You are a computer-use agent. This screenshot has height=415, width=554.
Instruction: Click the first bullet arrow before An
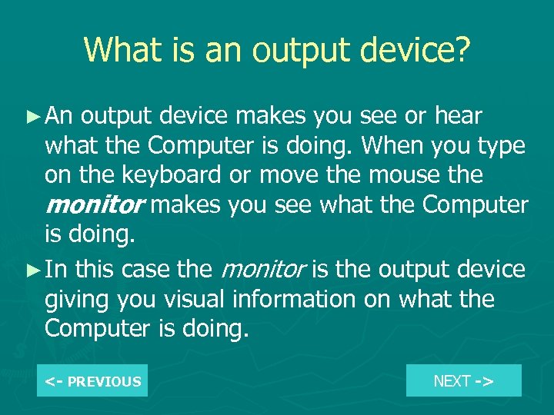point(32,116)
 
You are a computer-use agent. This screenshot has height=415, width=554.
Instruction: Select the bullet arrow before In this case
point(32,270)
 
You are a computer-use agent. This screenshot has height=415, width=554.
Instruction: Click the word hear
point(459,116)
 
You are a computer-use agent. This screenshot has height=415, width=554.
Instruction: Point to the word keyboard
point(166,175)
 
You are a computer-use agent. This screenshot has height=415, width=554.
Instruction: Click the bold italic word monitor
point(94,205)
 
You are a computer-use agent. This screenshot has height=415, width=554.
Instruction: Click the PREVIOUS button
point(92,381)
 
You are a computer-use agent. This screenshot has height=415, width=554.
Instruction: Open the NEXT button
point(463,380)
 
